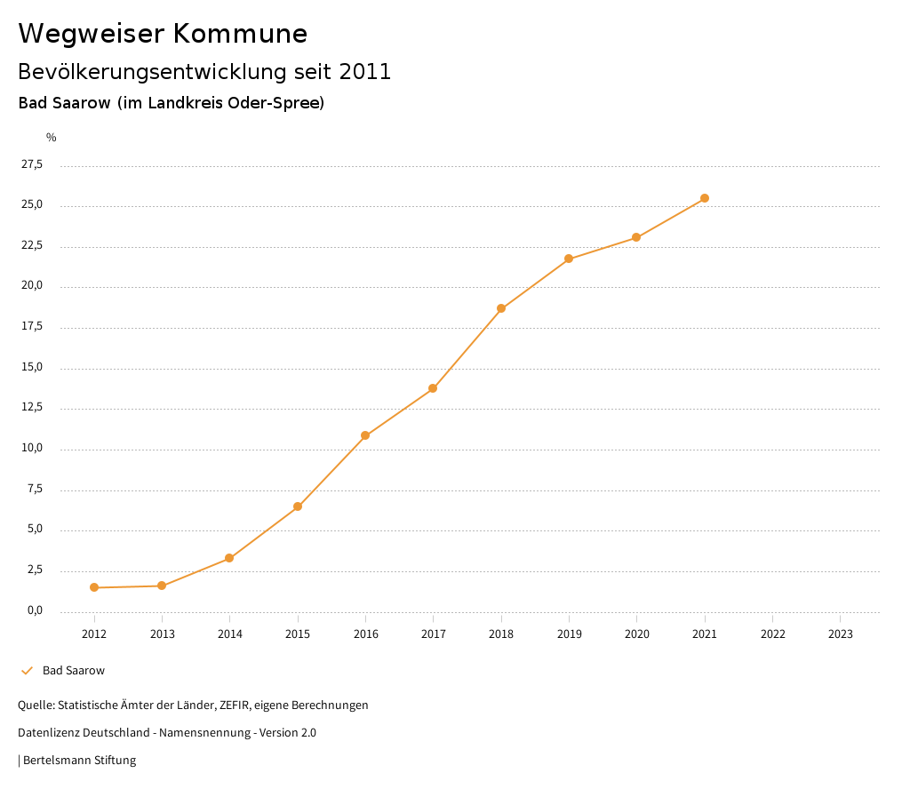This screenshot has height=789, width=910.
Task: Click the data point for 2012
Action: (94, 587)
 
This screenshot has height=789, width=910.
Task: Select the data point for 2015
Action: (298, 506)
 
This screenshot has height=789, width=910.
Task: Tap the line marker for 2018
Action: (501, 308)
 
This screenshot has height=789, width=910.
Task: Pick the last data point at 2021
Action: (705, 198)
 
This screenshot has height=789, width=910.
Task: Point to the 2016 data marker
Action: (365, 435)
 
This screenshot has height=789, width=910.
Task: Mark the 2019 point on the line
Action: (569, 259)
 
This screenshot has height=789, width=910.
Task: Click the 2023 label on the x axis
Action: (840, 634)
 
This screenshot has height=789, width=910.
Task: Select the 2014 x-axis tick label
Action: (229, 634)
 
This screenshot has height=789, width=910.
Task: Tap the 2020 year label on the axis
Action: (636, 634)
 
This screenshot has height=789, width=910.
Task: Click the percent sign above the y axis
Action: (52, 138)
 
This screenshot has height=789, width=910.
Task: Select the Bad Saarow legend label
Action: (74, 671)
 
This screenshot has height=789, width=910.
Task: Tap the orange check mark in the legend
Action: (27, 671)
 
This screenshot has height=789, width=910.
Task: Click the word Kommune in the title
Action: (240, 34)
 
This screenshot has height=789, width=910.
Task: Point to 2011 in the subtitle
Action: (365, 72)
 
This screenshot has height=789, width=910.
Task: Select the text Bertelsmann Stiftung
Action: (79, 761)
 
